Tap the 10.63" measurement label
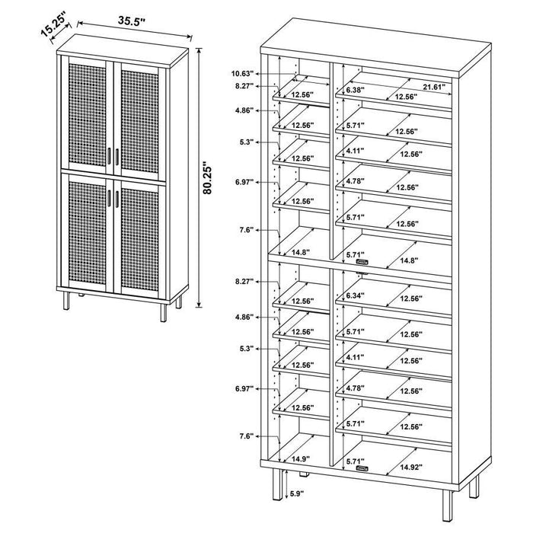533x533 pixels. (242, 74)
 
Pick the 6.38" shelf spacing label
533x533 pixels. (355, 90)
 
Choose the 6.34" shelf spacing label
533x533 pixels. (355, 296)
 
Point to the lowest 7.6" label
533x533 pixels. (244, 436)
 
